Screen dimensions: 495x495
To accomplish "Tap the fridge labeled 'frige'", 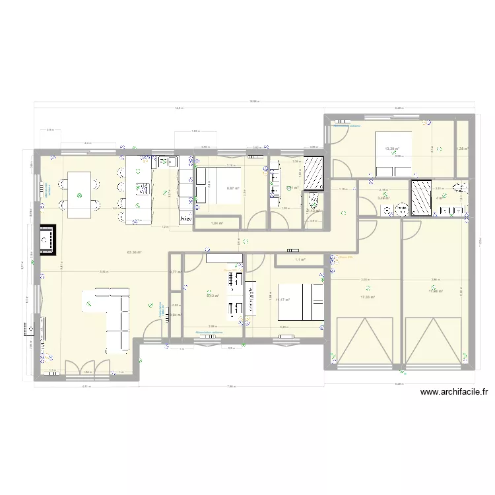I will (x=185, y=218).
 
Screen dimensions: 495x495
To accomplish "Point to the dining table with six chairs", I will (x=80, y=195).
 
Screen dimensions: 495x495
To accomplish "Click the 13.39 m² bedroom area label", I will (x=393, y=149).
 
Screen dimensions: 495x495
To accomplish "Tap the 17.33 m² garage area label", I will (x=368, y=297).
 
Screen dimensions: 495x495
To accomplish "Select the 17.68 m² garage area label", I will (x=435, y=290).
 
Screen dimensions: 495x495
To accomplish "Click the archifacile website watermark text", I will (x=454, y=392).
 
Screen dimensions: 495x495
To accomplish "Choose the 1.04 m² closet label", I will (x=216, y=224).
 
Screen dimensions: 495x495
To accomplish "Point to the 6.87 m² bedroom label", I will (x=233, y=188).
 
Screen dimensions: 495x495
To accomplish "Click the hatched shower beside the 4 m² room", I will (x=420, y=197).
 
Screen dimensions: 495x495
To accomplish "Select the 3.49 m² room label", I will (x=383, y=197).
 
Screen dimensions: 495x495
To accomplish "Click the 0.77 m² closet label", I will (x=175, y=272).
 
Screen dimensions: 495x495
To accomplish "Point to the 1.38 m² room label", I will (x=462, y=148).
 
